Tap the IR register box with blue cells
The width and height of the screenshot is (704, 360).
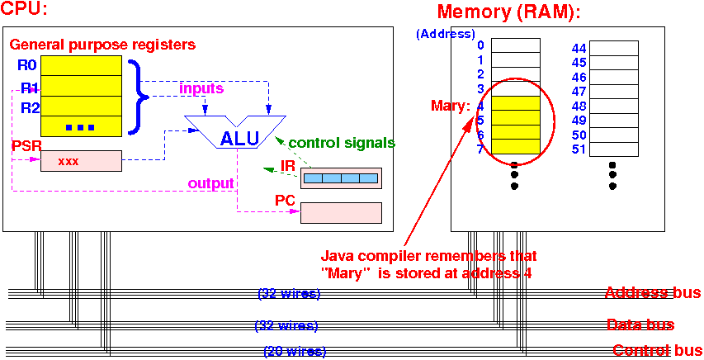coord(341,178)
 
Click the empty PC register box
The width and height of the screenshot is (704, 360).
coord(341,212)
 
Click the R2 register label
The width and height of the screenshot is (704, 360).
coord(30,107)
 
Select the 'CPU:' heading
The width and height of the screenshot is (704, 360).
coord(25,12)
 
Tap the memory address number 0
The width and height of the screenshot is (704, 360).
coord(480,45)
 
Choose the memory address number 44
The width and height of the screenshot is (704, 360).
coord(579,49)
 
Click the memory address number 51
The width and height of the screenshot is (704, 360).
coord(579,149)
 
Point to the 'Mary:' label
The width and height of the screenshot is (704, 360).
coord(451,106)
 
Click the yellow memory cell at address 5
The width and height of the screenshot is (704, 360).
coord(516,120)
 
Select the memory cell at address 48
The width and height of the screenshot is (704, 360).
coord(613,106)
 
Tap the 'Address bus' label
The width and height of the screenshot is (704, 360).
coord(652,293)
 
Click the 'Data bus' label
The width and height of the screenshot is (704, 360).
coord(640,324)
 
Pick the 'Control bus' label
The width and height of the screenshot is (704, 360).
coord(655,351)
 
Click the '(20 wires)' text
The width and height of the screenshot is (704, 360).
coord(295,352)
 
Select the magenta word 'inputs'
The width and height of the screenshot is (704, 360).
coord(200,88)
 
